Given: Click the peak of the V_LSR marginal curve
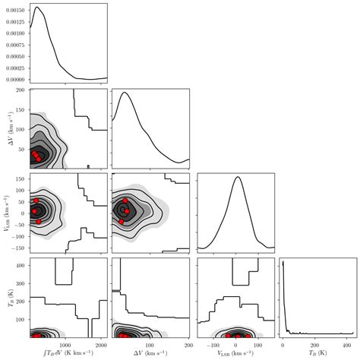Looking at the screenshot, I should pos(238,177).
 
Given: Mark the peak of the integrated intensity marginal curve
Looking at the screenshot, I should pos(36,7).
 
